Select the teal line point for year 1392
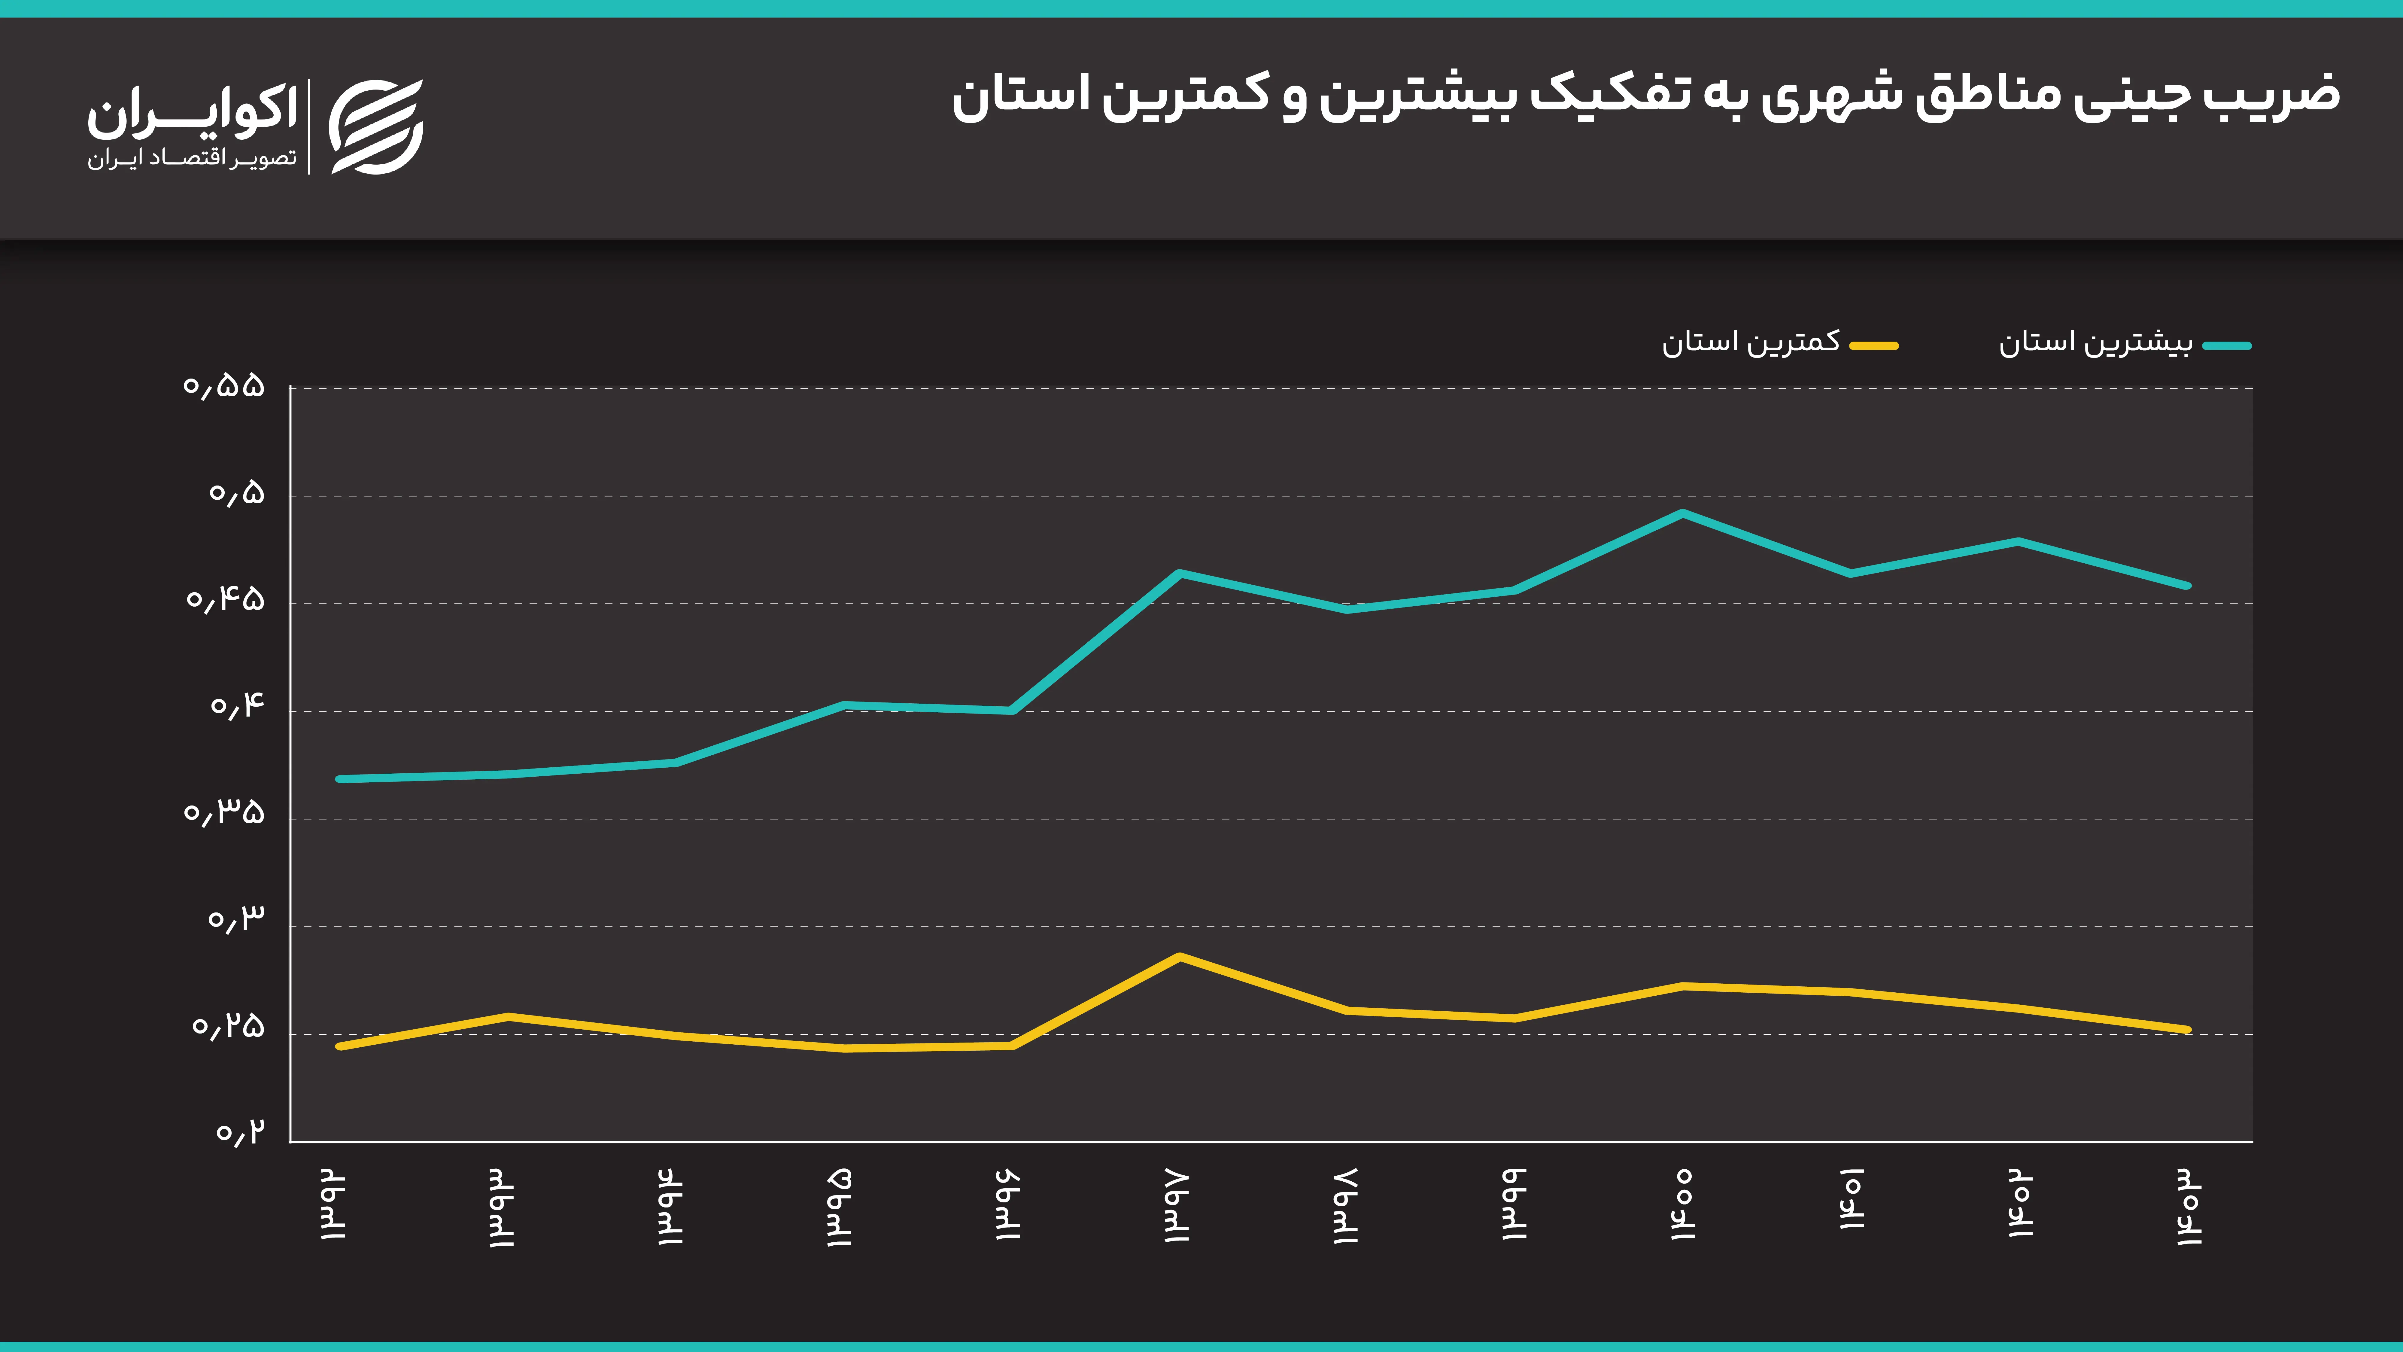(339, 779)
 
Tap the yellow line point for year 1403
(2188, 1030)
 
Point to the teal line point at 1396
(1012, 710)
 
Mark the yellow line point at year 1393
(507, 1016)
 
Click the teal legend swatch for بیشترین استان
(2227, 345)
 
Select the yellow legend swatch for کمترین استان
(1874, 345)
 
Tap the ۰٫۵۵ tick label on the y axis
(224, 386)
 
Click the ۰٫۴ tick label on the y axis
(237, 706)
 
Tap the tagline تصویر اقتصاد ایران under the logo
(192, 159)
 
